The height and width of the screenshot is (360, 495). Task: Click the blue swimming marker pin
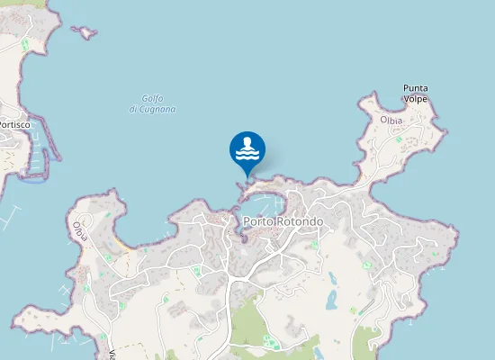click(x=247, y=149)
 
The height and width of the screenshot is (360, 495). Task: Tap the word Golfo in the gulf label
click(x=151, y=99)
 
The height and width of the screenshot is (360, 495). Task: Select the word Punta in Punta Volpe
click(x=415, y=88)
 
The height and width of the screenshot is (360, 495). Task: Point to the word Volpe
click(x=415, y=100)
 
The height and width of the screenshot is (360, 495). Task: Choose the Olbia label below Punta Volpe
click(x=391, y=119)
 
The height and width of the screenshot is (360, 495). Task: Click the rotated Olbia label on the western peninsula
click(x=83, y=231)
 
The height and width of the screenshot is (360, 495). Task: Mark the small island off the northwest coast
click(x=86, y=33)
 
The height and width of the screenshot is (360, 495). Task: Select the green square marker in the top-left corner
click(x=25, y=44)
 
